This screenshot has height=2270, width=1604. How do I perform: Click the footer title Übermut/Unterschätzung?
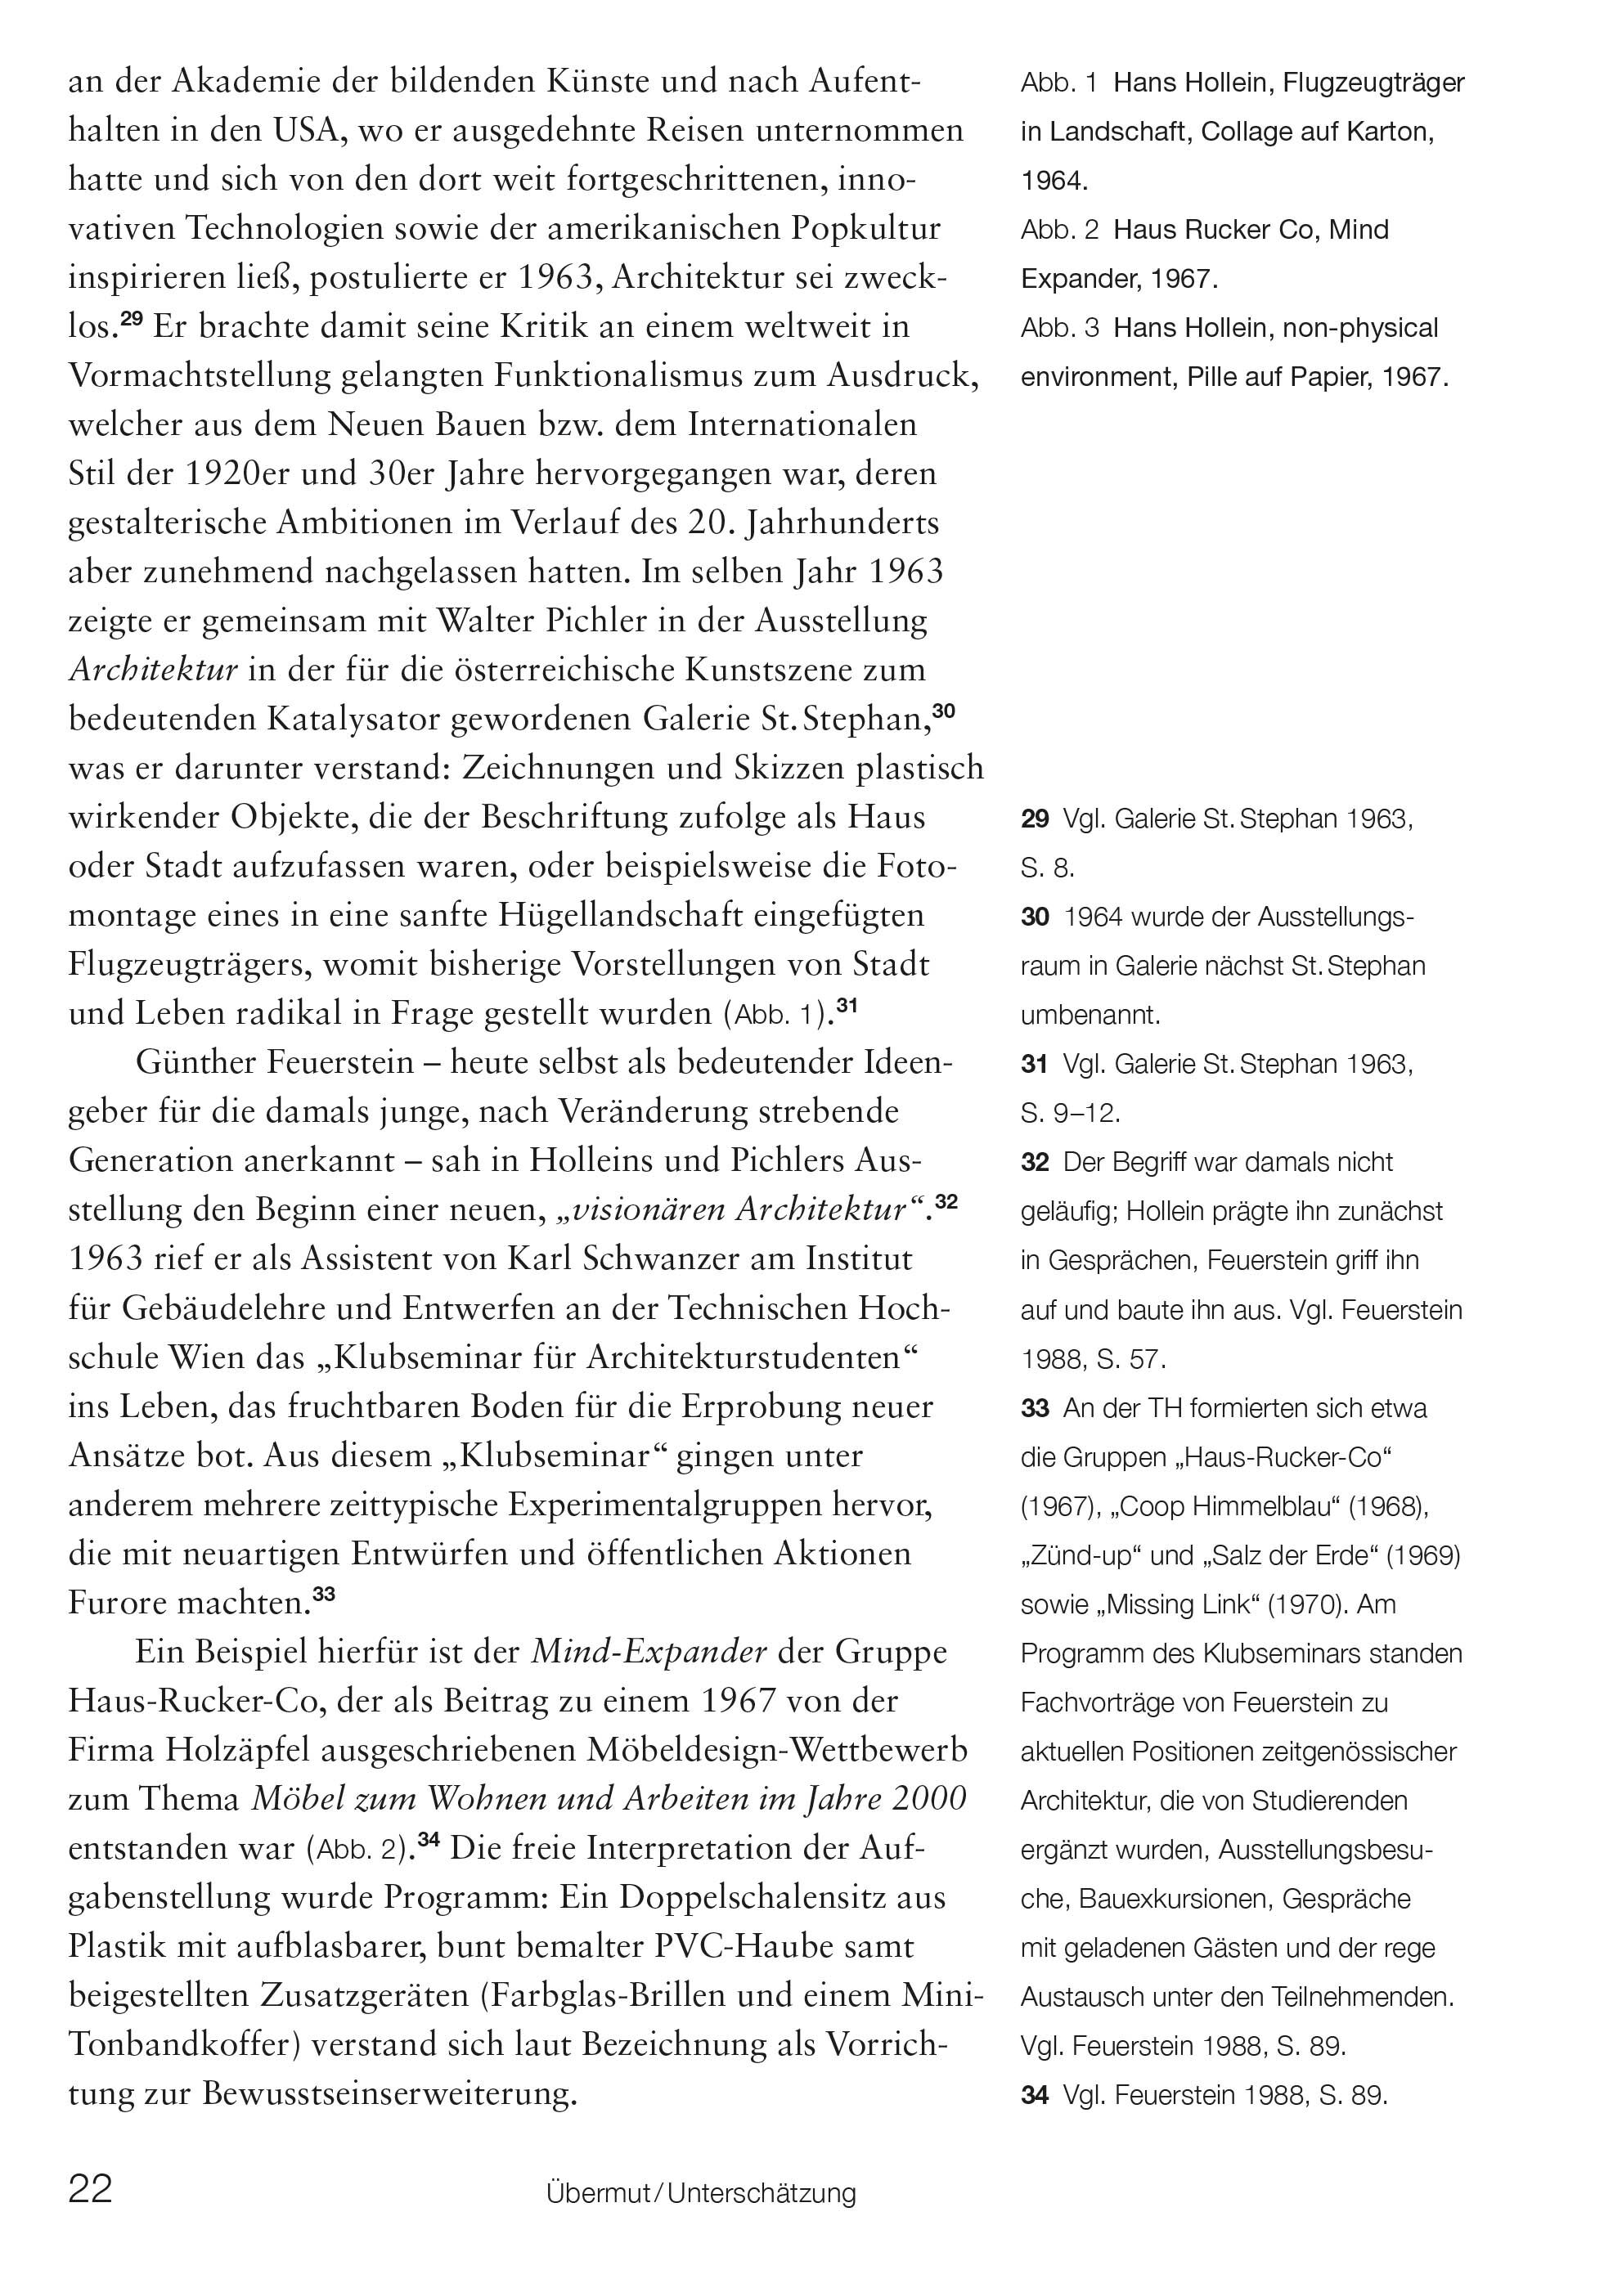coord(701,2194)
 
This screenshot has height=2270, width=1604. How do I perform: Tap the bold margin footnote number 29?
coord(1035,819)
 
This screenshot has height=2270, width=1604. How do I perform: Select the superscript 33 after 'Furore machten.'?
coord(325,1593)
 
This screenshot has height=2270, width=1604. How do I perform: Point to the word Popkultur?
coord(865,228)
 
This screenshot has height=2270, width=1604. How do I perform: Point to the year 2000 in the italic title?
coord(928,1798)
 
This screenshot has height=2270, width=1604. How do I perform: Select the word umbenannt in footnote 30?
coord(1090,1014)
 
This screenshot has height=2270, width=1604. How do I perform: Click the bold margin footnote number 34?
coord(1035,2094)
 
